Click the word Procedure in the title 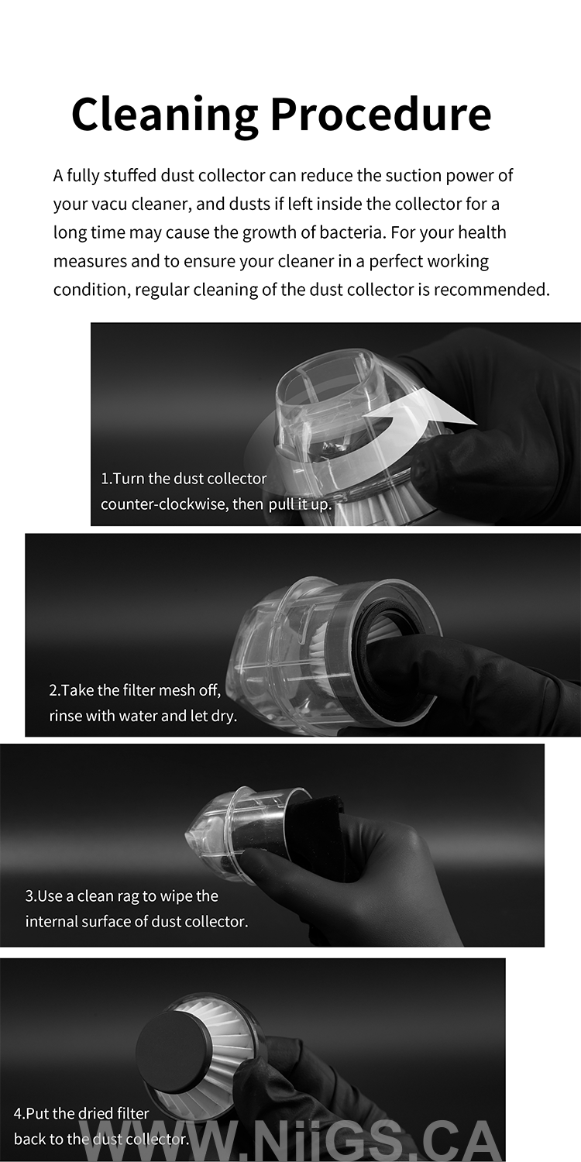click(x=381, y=113)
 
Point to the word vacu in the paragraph click(x=111, y=204)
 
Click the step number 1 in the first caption click(x=105, y=478)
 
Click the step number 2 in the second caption click(x=53, y=690)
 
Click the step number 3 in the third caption click(x=29, y=896)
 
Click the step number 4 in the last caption click(x=18, y=1113)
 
